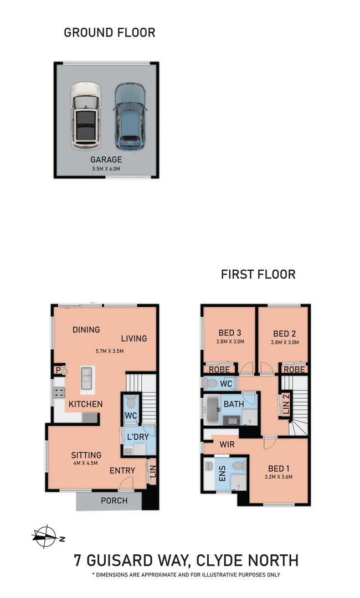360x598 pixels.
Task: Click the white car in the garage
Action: click(x=85, y=116)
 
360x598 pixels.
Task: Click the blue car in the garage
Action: click(x=130, y=116)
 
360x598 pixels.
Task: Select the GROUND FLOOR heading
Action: click(x=110, y=32)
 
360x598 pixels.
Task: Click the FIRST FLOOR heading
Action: click(x=258, y=274)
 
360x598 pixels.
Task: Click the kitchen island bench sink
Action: click(x=87, y=379)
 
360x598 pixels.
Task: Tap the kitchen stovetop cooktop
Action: click(x=59, y=393)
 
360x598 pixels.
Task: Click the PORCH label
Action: click(x=114, y=501)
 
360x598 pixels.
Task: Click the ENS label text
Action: click(x=222, y=474)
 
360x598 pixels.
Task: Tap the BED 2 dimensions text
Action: click(x=286, y=343)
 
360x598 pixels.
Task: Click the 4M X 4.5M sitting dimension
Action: click(x=85, y=463)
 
